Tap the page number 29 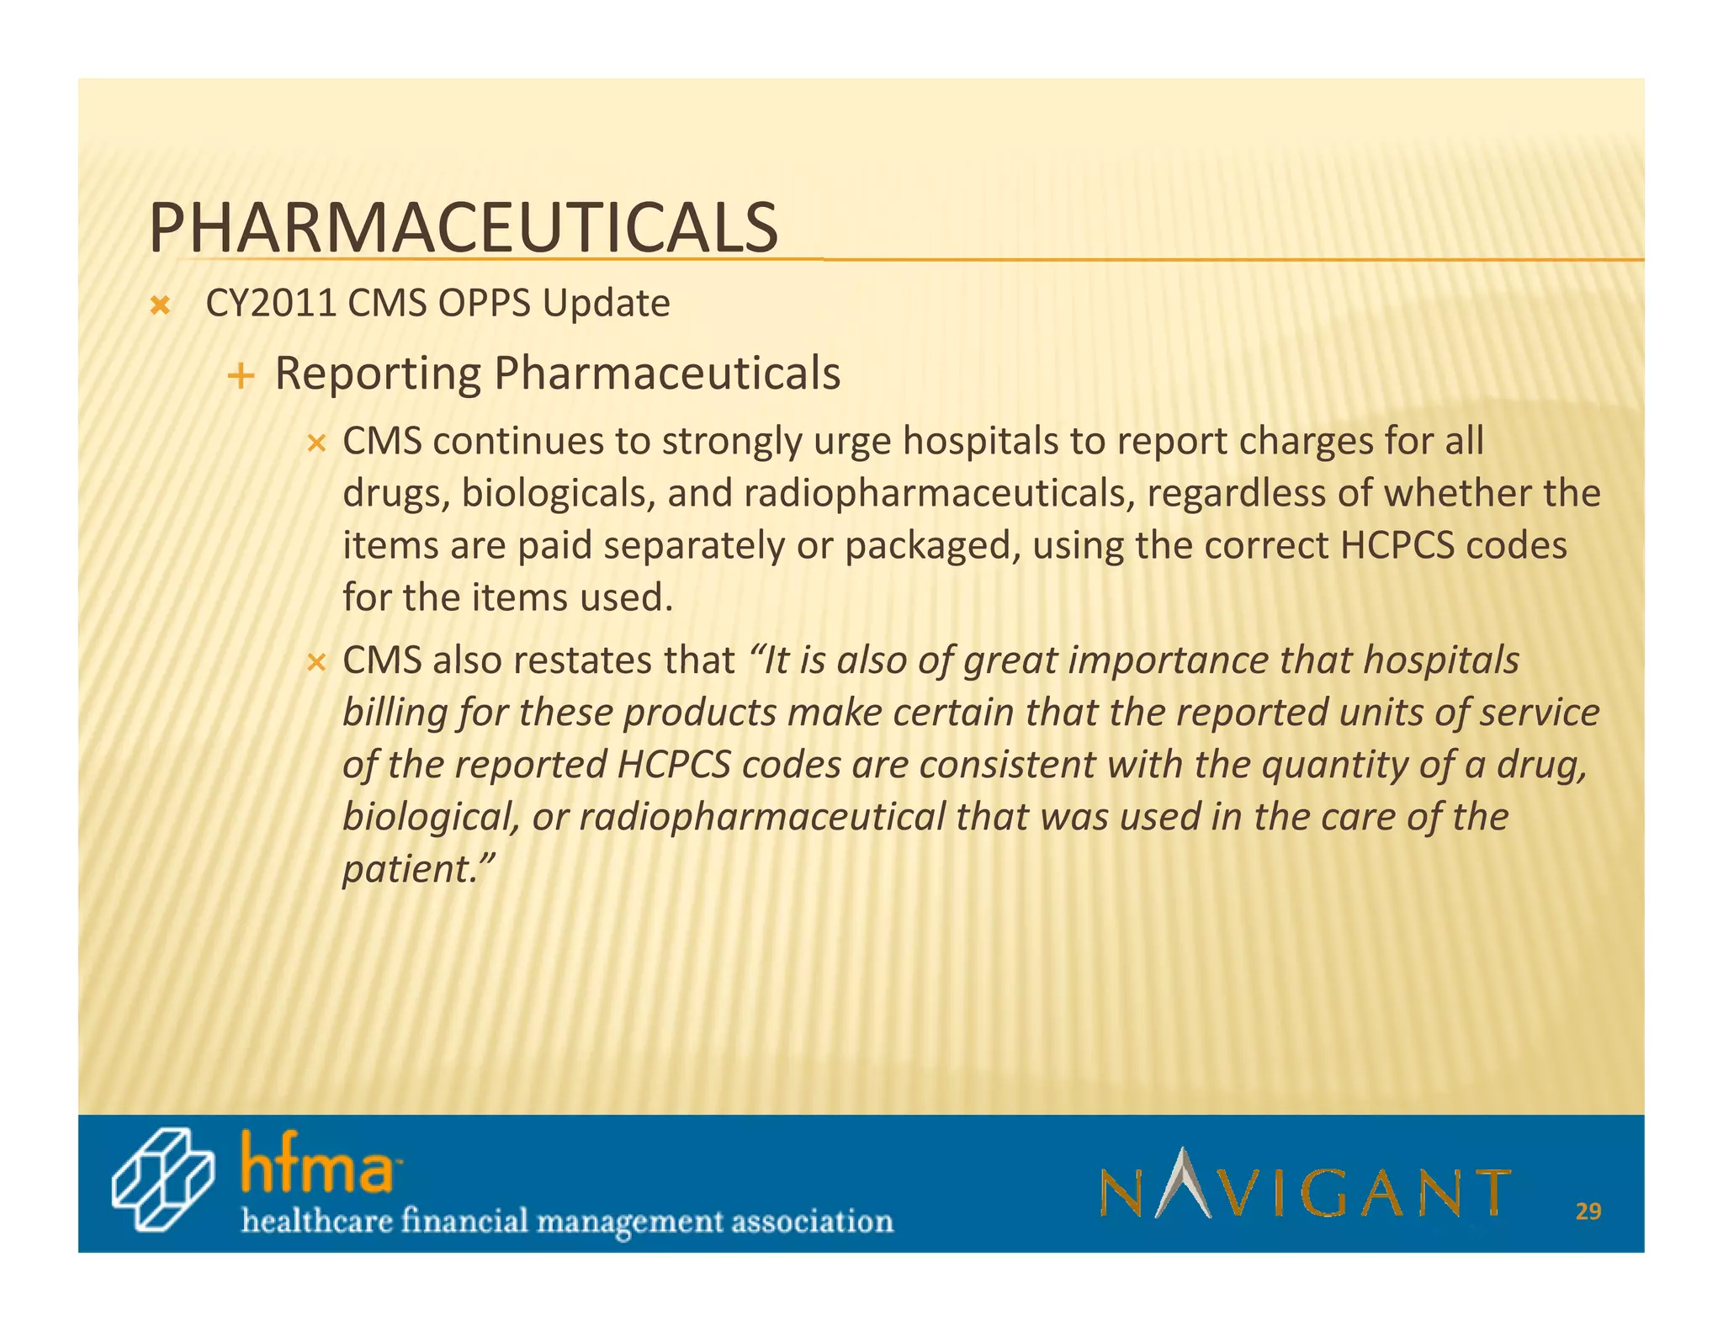1588,1212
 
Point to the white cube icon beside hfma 162,1179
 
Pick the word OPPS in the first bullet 483,304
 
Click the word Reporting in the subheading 378,374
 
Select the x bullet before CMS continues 315,443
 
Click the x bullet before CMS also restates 315,663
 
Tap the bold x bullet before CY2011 159,306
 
